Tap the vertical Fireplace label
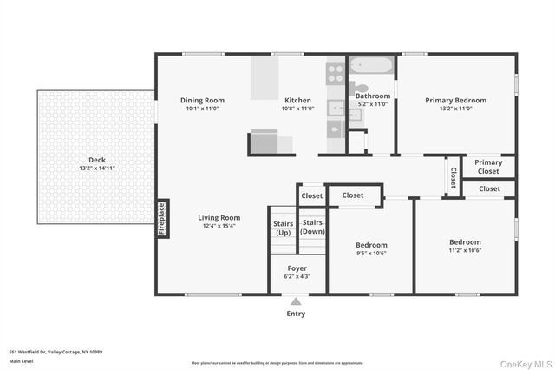point(161,219)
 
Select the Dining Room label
point(203,100)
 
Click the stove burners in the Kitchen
point(335,73)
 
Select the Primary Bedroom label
point(455,100)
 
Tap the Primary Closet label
point(488,167)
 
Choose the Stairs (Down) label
point(312,228)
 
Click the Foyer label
point(297,268)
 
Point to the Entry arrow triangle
point(297,302)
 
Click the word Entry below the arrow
point(296,314)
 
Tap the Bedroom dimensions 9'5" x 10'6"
point(371,254)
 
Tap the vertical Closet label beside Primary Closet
point(453,176)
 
